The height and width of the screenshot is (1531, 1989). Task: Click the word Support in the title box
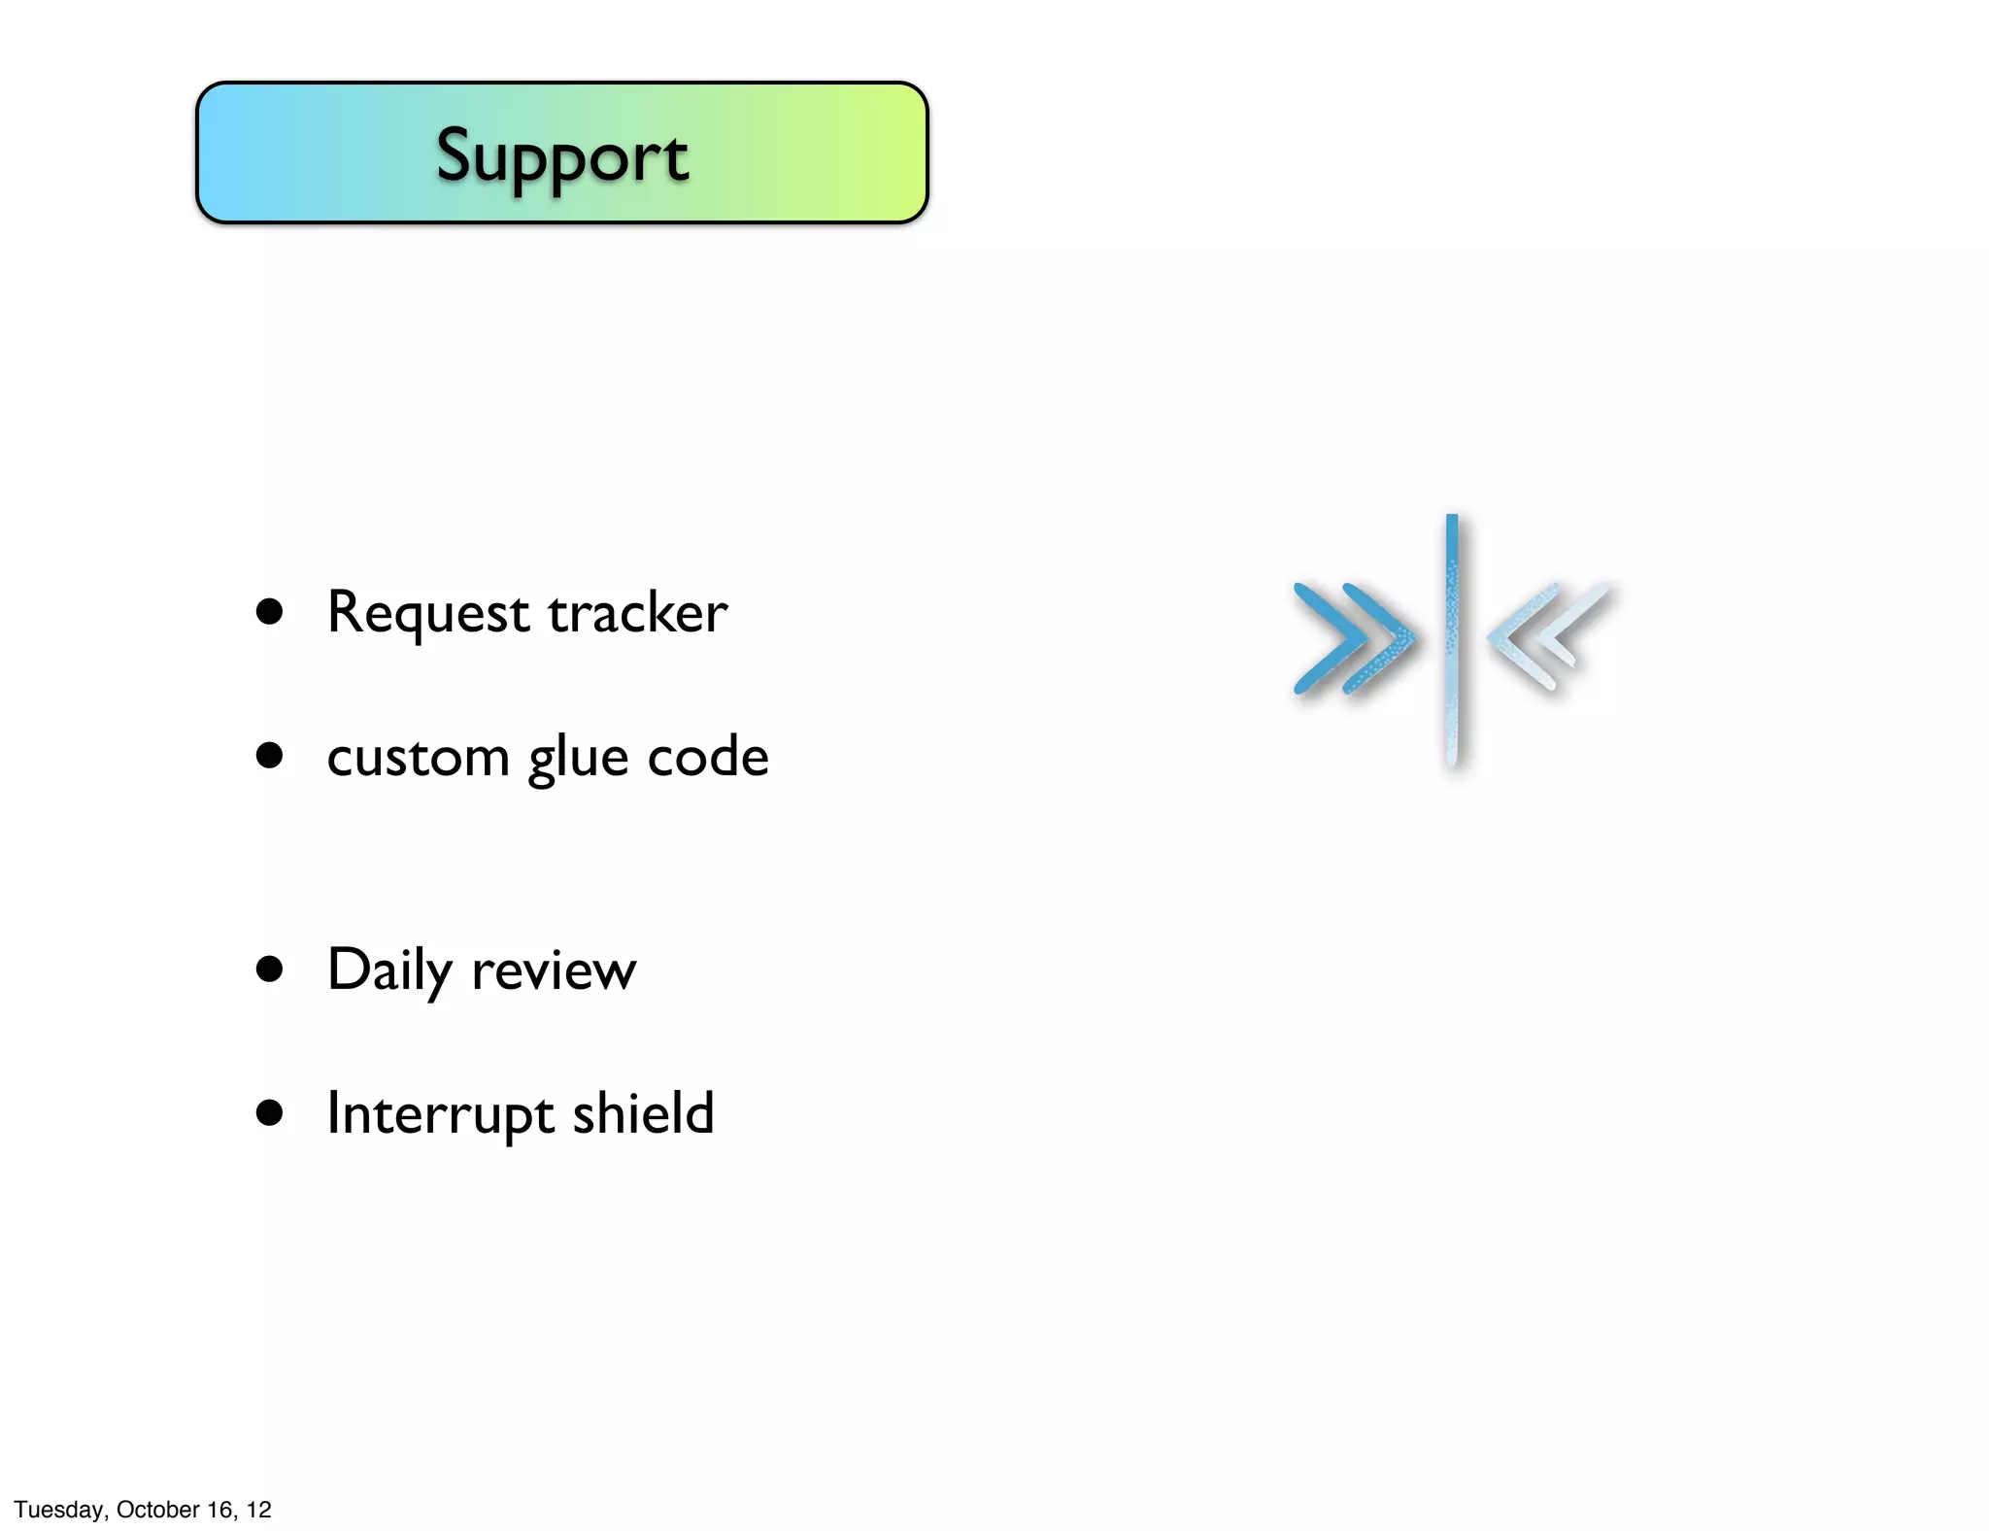click(x=561, y=155)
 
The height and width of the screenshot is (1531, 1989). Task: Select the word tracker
click(x=637, y=613)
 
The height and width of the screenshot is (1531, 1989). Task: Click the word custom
click(x=418, y=757)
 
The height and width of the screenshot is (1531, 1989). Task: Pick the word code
click(x=707, y=757)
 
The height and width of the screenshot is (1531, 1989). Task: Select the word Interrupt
click(x=440, y=1114)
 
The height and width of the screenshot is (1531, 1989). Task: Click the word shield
click(x=643, y=1112)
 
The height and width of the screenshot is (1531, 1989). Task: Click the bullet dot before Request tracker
click(x=269, y=612)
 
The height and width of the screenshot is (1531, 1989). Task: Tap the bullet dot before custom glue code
click(x=269, y=756)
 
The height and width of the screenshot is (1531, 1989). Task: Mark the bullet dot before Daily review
click(x=269, y=969)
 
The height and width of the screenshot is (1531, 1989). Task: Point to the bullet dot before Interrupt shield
click(x=269, y=1112)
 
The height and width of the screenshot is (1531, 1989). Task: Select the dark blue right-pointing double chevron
click(x=1353, y=639)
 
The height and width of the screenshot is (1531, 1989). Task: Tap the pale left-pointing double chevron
click(x=1548, y=636)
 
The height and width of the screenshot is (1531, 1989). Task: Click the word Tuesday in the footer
click(x=59, y=1510)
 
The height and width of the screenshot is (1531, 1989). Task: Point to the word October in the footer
click(x=158, y=1510)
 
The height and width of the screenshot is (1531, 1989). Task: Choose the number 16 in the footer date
click(x=220, y=1510)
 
